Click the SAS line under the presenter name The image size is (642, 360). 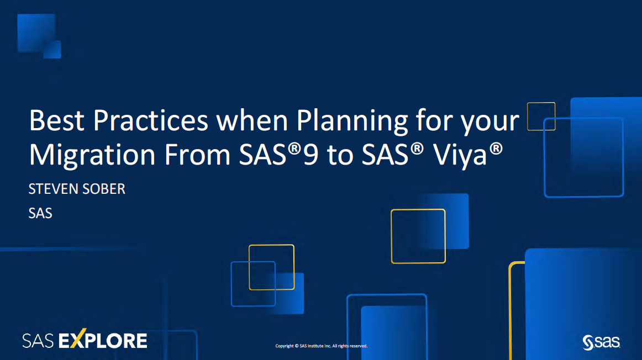(40, 213)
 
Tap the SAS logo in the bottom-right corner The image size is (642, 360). (601, 342)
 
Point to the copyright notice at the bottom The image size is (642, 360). (321, 346)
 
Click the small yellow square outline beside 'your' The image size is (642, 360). (541, 116)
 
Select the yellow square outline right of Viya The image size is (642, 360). (418, 236)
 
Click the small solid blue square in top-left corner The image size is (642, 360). (52, 49)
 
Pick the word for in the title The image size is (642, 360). (428, 121)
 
